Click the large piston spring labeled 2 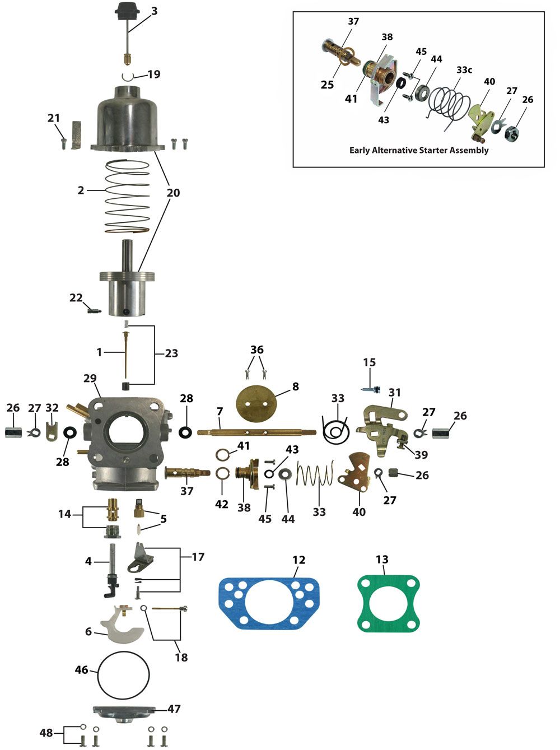tap(127, 197)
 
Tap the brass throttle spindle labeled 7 tap(256, 432)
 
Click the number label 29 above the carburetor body tap(90, 378)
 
